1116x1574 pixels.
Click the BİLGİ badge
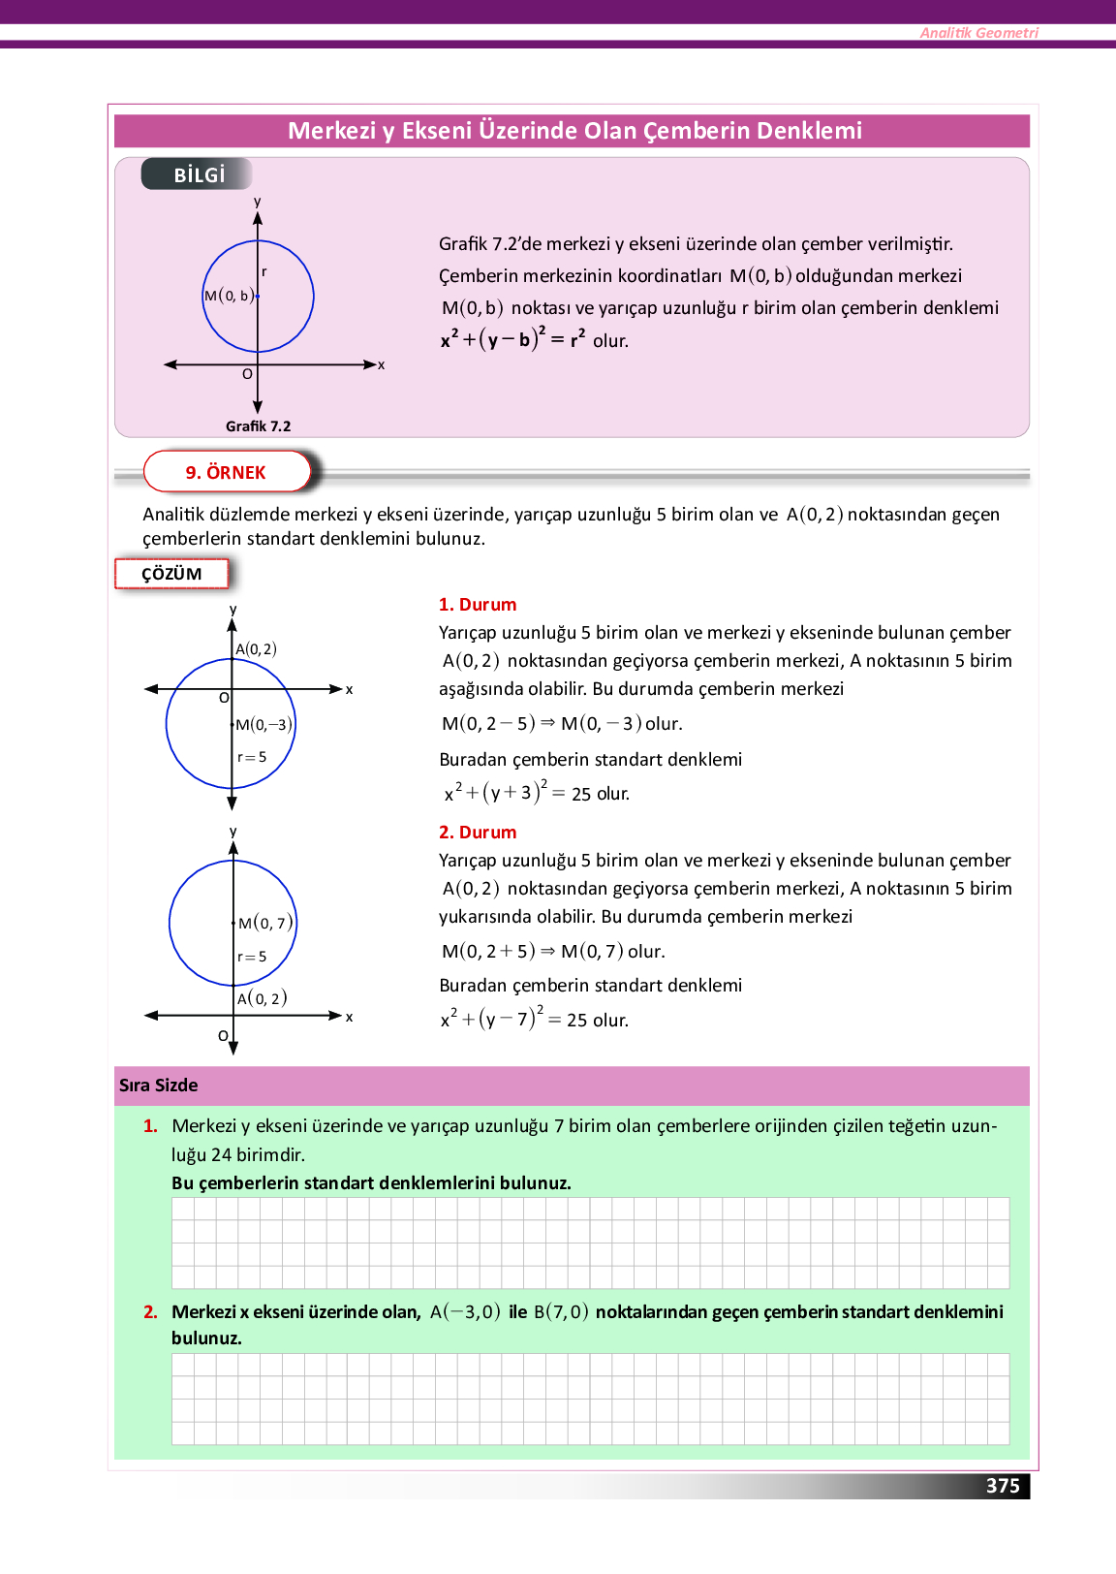click(x=198, y=174)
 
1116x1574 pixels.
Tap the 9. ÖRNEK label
click(x=226, y=472)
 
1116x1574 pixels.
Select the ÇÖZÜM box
click(x=171, y=574)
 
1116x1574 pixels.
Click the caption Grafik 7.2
click(x=258, y=426)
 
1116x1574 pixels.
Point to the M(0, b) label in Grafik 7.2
click(x=230, y=296)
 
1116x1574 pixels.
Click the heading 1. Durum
click(x=478, y=605)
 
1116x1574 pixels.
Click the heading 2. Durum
click(x=478, y=833)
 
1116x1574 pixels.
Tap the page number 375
click(x=1003, y=1486)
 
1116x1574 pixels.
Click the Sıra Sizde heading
click(x=159, y=1086)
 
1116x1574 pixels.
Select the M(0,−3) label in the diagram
click(x=263, y=725)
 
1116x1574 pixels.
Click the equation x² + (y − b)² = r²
click(x=513, y=339)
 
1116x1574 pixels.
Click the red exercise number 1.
click(x=150, y=1126)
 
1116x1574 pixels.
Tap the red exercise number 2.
click(x=150, y=1312)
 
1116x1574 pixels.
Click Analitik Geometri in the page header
click(x=978, y=33)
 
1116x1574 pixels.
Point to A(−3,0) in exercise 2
click(x=465, y=1312)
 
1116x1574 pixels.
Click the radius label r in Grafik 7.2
click(x=264, y=272)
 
